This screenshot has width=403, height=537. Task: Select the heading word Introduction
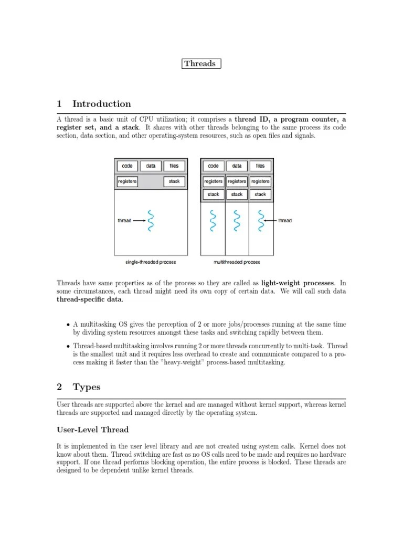click(102, 104)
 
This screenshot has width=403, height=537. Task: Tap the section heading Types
click(87, 388)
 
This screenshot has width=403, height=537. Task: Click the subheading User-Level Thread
click(92, 429)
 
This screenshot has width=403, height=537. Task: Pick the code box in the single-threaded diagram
click(127, 166)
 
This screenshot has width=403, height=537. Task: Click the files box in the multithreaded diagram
click(260, 166)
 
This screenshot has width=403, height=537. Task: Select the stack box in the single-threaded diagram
click(174, 181)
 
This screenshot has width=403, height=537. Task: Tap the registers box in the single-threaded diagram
click(127, 181)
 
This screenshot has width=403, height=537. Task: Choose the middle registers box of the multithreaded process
click(237, 181)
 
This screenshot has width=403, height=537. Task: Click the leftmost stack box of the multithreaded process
click(214, 194)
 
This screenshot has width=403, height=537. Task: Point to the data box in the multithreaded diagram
click(237, 166)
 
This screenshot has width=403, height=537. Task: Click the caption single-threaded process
click(151, 262)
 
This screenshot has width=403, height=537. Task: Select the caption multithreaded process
click(237, 262)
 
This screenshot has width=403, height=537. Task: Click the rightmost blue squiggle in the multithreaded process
click(260, 221)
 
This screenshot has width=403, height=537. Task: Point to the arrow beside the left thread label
click(139, 221)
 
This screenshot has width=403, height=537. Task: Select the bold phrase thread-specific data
click(90, 299)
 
